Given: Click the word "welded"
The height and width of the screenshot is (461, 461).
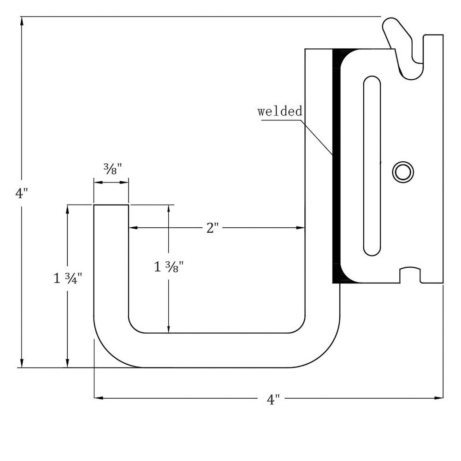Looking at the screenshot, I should [x=280, y=111].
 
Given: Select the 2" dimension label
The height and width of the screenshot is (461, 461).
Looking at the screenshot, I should [x=212, y=228].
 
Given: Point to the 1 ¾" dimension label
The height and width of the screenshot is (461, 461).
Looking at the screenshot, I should [x=68, y=278].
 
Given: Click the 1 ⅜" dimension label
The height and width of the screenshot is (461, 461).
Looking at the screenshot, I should [x=169, y=266].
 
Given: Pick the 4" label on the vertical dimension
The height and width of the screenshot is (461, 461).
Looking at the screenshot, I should [x=22, y=193].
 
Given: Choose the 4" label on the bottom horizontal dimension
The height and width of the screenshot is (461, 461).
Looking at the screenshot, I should [x=273, y=399].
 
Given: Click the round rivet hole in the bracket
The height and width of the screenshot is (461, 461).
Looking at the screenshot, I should [x=403, y=172].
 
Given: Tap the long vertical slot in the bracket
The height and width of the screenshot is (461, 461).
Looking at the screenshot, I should [x=372, y=165].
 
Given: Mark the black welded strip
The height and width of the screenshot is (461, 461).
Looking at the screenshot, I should [x=336, y=166].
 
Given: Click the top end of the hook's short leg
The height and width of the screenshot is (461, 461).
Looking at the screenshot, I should [x=111, y=206].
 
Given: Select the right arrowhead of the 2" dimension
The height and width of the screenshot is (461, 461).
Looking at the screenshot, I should [x=301, y=227].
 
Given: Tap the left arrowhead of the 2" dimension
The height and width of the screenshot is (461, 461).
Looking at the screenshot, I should [x=132, y=227].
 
